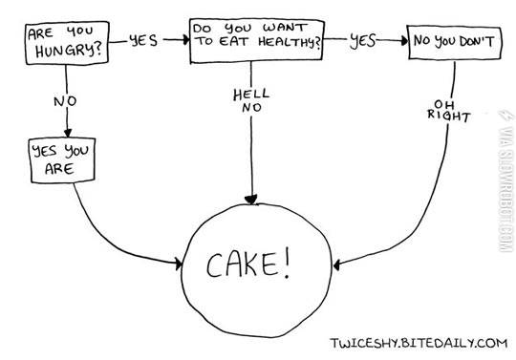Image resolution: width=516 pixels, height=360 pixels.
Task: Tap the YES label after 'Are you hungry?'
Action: tap(141, 41)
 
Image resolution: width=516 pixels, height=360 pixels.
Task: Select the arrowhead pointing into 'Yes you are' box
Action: tap(66, 134)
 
